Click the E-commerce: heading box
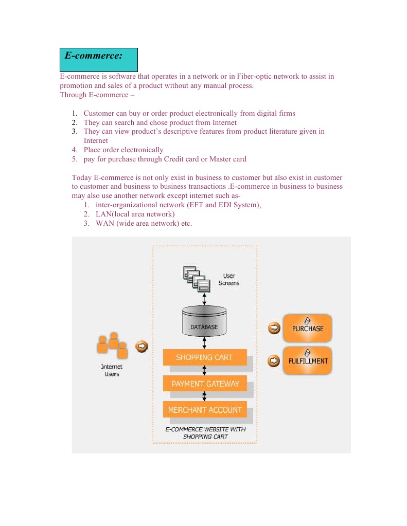[x=99, y=60]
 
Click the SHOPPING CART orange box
[x=204, y=357]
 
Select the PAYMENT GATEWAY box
[x=205, y=384]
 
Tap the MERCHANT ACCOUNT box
[x=205, y=410]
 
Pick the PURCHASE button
[x=308, y=328]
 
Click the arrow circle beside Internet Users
[x=141, y=347]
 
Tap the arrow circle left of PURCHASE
[x=275, y=328]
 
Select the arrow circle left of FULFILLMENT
[x=275, y=361]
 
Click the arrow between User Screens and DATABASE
[x=205, y=299]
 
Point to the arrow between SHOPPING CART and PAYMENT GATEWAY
[x=205, y=370]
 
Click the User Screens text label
[x=229, y=280]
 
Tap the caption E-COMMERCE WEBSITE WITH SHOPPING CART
[x=205, y=433]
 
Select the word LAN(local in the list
[x=116, y=214]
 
